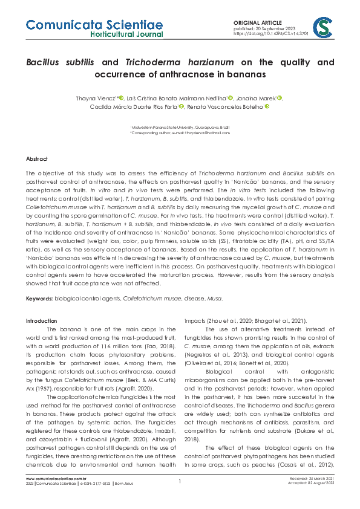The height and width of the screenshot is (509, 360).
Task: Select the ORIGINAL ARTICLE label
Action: tap(255, 22)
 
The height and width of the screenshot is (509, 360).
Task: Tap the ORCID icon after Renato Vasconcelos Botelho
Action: tap(267, 106)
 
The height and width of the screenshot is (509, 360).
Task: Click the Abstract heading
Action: tap(36, 158)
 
